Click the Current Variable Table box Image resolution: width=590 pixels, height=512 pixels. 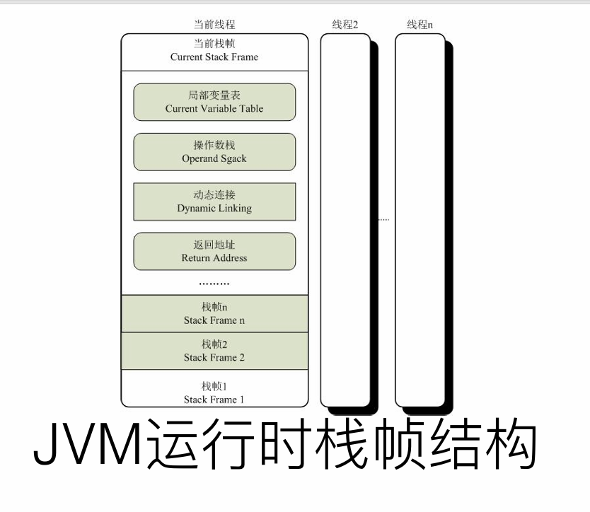click(x=214, y=102)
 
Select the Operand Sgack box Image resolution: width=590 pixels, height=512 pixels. click(x=214, y=152)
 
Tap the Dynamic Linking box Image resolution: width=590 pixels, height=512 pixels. click(x=214, y=202)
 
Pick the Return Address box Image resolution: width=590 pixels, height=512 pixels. click(x=214, y=251)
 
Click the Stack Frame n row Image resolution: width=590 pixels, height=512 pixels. click(x=214, y=314)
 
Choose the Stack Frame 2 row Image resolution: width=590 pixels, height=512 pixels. click(x=214, y=351)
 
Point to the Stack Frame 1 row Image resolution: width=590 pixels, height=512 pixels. click(x=214, y=392)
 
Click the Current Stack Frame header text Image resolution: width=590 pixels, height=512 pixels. click(x=214, y=57)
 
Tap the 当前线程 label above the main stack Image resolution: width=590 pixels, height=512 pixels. click(x=214, y=25)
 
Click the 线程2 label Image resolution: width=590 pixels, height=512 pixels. click(x=345, y=25)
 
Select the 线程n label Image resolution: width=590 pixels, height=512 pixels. click(x=420, y=25)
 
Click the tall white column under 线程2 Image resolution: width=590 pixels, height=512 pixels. click(x=345, y=219)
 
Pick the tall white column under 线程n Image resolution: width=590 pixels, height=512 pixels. click(x=420, y=219)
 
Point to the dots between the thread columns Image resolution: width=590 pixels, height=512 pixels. click(x=383, y=220)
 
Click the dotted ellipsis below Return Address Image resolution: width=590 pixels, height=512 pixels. click(x=214, y=284)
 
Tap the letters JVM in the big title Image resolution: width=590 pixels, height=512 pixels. click(x=78, y=446)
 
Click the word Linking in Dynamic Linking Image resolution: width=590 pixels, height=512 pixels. click(x=234, y=209)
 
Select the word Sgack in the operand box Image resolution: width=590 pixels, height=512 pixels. click(x=233, y=159)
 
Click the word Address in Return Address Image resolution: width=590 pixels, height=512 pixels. click(x=230, y=258)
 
